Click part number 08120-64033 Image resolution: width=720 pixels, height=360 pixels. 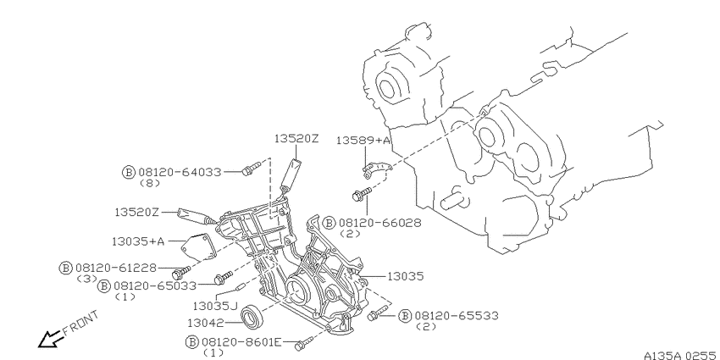click(x=180, y=172)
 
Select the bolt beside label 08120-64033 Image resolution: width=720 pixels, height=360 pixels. click(x=251, y=169)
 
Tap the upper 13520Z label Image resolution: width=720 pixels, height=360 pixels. click(x=296, y=138)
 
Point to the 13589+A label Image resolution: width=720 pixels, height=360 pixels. click(x=363, y=140)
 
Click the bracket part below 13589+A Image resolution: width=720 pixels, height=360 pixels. click(x=375, y=169)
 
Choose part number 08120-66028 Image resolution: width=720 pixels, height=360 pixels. click(x=379, y=223)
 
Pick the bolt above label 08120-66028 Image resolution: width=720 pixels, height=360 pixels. click(x=362, y=194)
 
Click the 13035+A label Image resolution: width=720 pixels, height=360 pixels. click(x=138, y=241)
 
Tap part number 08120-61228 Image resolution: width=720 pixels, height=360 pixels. click(x=116, y=268)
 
